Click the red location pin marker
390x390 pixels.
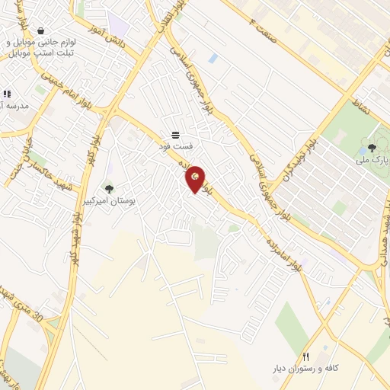(x=196, y=179)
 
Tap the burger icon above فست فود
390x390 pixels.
(x=176, y=134)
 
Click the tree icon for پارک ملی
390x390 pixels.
(x=372, y=148)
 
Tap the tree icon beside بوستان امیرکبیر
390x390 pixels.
(x=109, y=188)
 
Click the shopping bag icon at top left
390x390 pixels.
(x=40, y=30)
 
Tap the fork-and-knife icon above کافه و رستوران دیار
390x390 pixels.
(x=305, y=356)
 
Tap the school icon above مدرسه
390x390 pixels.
(x=8, y=94)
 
